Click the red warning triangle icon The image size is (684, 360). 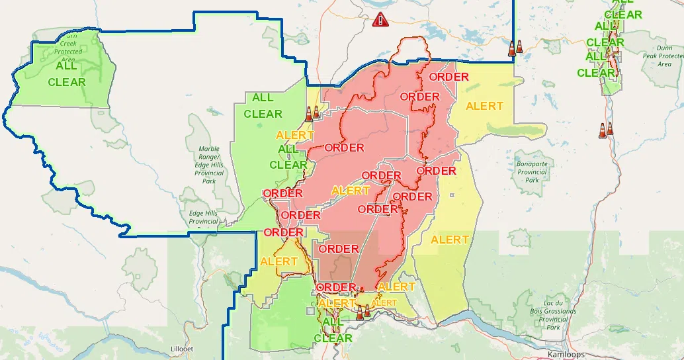coord(380,19)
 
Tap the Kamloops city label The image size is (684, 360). coord(566,354)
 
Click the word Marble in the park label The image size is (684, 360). coord(208,149)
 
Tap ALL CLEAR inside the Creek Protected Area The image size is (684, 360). coord(67,74)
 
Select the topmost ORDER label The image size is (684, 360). coord(449,77)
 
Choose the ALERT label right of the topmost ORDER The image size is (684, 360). coord(484,106)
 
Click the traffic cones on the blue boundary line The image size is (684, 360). coord(515,48)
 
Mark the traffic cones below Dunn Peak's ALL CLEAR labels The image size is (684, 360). coord(605,130)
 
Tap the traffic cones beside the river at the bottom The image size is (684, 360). coord(363,312)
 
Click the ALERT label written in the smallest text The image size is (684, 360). coord(384,303)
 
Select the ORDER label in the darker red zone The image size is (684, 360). coord(338,249)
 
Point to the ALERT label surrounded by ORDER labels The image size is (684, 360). coord(351,191)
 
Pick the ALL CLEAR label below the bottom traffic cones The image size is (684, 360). coord(333,330)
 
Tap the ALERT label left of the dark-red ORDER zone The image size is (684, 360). coord(278,261)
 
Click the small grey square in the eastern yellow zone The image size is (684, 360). coord(452,195)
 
